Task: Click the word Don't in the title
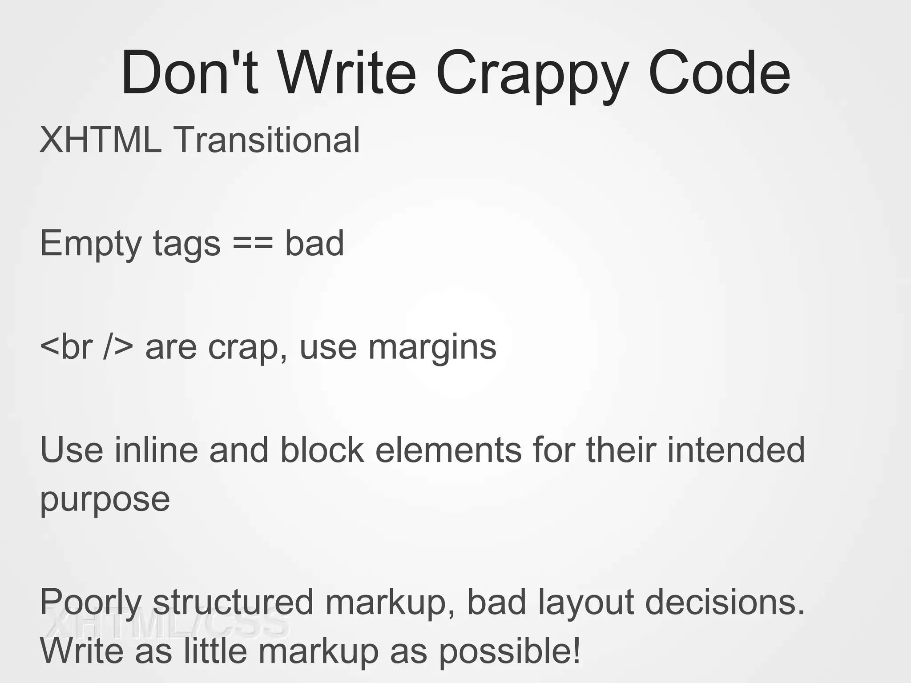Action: (x=189, y=73)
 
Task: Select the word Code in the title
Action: (x=719, y=73)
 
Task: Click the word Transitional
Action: (x=266, y=140)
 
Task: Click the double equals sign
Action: (x=253, y=244)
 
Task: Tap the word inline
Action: (x=156, y=450)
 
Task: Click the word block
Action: (x=322, y=450)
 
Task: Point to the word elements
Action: (x=448, y=450)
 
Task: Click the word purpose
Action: (x=105, y=500)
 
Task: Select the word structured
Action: (x=233, y=602)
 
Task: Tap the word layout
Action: (x=586, y=602)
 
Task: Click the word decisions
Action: (x=725, y=602)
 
